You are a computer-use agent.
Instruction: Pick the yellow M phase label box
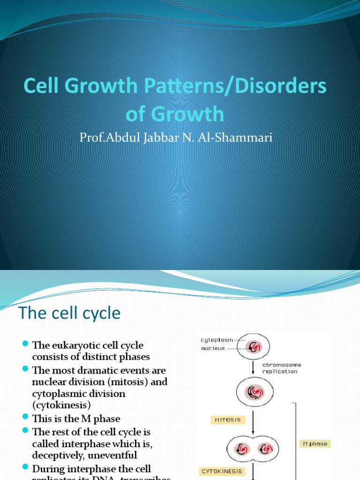(x=315, y=443)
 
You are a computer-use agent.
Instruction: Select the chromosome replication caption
(x=280, y=368)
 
